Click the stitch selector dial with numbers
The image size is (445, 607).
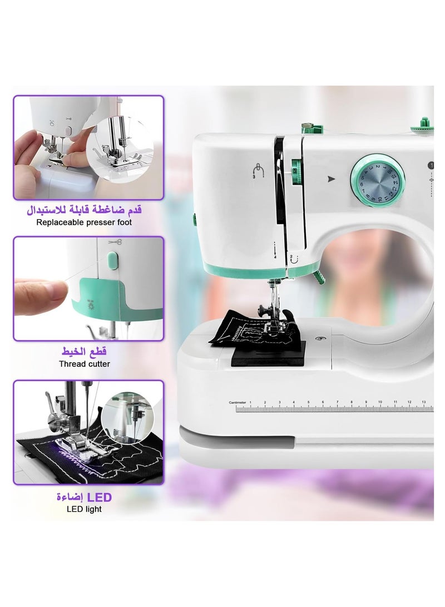378,180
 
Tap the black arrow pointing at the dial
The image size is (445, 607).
332,179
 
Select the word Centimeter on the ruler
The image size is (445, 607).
237,402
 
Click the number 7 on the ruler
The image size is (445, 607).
337,402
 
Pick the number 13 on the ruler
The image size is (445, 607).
424,402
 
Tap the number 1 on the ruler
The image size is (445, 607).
250,402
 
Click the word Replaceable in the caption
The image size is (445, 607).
60,223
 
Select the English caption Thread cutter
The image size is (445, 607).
85,364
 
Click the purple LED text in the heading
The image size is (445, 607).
99,497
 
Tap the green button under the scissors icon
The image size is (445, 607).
113,260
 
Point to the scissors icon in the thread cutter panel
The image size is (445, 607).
115,243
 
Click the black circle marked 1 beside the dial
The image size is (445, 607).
431,165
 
